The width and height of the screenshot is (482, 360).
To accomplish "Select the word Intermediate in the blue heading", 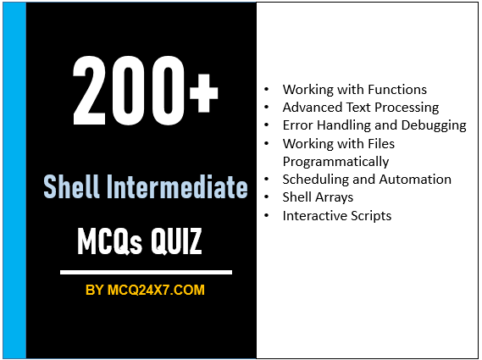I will point(175,186).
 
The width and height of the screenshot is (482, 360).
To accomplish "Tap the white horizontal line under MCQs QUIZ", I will point(146,273).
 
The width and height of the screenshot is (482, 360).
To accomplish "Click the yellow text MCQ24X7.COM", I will point(157,291).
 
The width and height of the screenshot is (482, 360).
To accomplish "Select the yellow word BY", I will point(95,291).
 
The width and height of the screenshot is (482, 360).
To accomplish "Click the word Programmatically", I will point(335,161).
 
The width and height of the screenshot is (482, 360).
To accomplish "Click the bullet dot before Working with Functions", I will point(269,90).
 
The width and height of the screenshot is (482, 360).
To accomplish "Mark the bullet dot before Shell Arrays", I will point(269,197).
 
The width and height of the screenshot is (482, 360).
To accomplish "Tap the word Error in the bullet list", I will point(297,125).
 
